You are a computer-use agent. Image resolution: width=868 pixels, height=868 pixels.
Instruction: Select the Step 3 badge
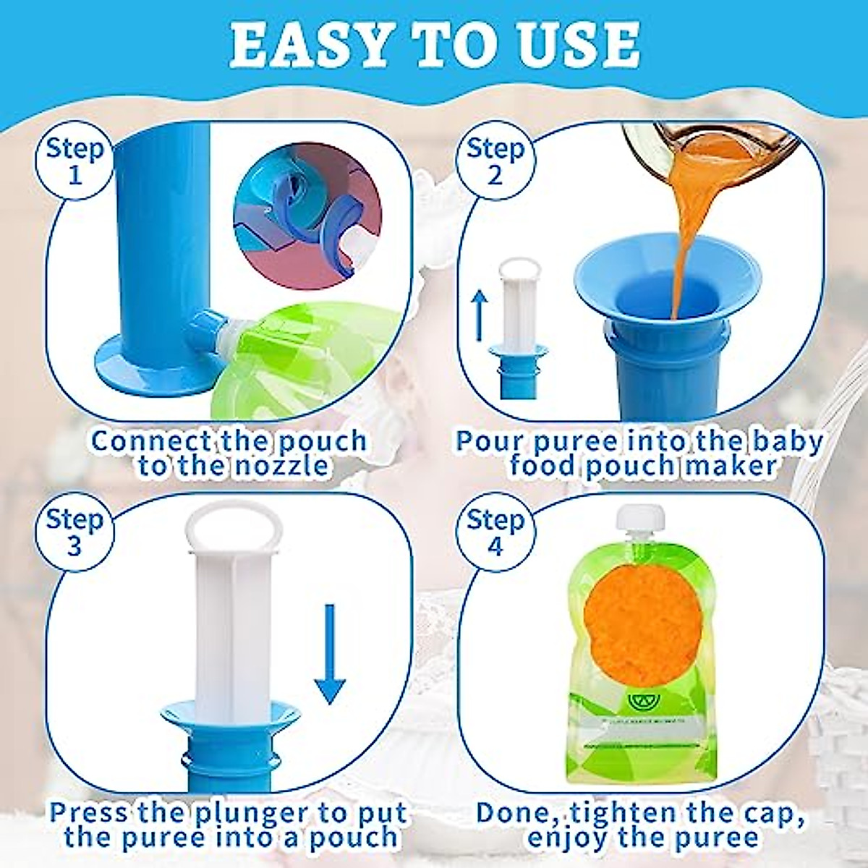click(75, 532)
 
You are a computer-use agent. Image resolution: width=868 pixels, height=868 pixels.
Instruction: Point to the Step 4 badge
click(495, 532)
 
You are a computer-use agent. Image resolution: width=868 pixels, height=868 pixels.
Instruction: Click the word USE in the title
click(579, 45)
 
